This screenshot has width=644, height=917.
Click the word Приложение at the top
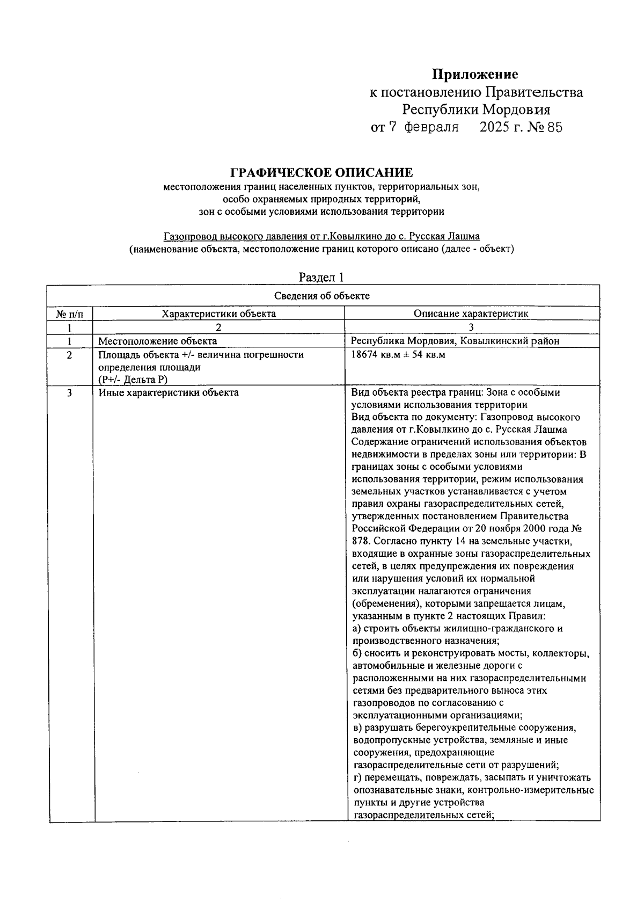pyautogui.click(x=475, y=74)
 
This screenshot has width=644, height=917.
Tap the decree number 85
pyautogui.click(x=554, y=127)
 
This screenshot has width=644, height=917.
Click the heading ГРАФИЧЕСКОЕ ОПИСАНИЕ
pyautogui.click(x=322, y=173)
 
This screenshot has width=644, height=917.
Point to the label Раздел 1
pyautogui.click(x=321, y=277)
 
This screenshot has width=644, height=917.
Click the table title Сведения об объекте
pyautogui.click(x=322, y=296)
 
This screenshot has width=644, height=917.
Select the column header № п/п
pyautogui.click(x=70, y=314)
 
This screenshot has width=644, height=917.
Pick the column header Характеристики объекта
pyautogui.click(x=219, y=314)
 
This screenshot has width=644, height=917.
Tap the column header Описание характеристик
pyautogui.click(x=471, y=314)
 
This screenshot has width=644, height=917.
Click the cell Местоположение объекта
pyautogui.click(x=158, y=341)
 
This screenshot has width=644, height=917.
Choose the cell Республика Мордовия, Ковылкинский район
pyautogui.click(x=455, y=341)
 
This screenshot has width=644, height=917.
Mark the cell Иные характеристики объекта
pyautogui.click(x=169, y=392)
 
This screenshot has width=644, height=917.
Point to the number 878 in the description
pyautogui.click(x=360, y=541)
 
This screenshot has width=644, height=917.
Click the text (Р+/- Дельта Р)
pyautogui.click(x=133, y=380)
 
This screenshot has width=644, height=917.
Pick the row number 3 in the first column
pyautogui.click(x=70, y=392)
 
